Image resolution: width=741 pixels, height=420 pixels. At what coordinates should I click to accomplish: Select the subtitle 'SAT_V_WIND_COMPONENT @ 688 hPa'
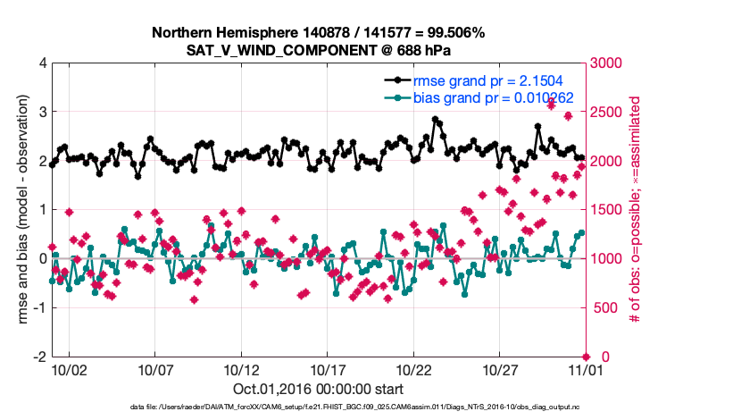click(318, 50)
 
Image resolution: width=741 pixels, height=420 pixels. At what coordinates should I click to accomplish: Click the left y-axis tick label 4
click(43, 63)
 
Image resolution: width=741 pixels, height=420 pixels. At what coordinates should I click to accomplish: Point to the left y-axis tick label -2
click(40, 357)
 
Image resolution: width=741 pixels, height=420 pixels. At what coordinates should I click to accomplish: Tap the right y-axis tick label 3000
click(607, 63)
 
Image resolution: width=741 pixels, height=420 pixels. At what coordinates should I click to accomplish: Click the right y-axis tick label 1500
click(607, 210)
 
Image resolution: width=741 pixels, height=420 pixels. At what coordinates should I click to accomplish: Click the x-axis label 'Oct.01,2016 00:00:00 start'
click(318, 390)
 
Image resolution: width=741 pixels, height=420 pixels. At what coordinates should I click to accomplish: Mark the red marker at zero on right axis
click(587, 357)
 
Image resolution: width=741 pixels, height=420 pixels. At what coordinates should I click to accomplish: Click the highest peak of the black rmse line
click(435, 119)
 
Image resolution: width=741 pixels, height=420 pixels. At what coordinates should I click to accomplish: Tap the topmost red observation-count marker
click(552, 105)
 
